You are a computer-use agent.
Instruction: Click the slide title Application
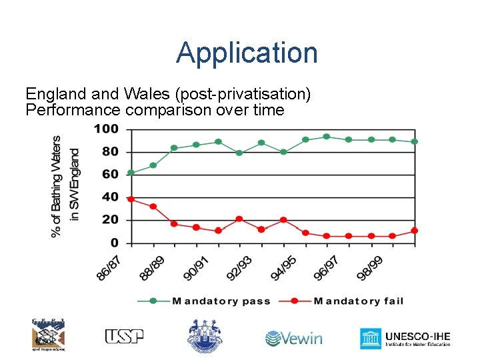pos(247,53)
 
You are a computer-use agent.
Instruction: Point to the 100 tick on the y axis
pos(106,129)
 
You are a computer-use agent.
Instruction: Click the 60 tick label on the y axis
pos(110,174)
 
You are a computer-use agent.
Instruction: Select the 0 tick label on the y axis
pos(115,243)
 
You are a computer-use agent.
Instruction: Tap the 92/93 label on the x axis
pos(239,268)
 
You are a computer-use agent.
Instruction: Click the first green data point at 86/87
pos(131,173)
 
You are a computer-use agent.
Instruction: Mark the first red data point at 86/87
pos(131,199)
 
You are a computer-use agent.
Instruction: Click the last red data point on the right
pos(414,231)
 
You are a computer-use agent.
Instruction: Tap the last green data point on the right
pos(414,141)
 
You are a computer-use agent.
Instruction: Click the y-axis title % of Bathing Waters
pos(57,187)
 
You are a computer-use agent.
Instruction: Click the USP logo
pos(124,337)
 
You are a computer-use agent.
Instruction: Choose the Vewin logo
pos(294,338)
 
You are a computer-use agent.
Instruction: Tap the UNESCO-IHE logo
pos(405,338)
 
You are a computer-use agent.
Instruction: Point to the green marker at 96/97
pos(327,137)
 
